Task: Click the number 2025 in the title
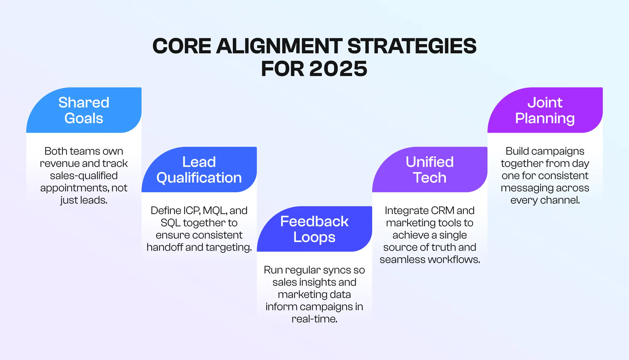[x=338, y=68]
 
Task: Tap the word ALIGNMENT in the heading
[x=279, y=46]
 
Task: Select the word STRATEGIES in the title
[x=412, y=46]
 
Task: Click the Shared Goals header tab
[x=84, y=110]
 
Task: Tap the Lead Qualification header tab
[x=199, y=170]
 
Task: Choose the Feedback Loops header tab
[x=314, y=229]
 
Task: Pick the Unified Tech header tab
[x=429, y=170]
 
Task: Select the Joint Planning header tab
[x=545, y=110]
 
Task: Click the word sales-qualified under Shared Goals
[x=84, y=175]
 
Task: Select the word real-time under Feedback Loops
[x=314, y=319]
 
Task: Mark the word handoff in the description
[x=165, y=247]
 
